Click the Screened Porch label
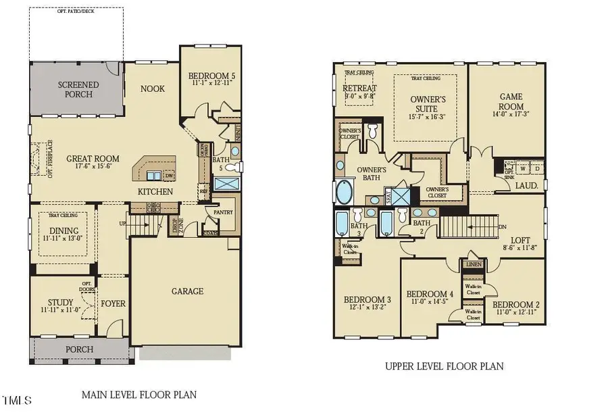pos(78,89)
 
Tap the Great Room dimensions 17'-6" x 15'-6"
pos(93,168)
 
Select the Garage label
pos(187,291)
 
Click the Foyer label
pos(113,303)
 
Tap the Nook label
pos(152,89)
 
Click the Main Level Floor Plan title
pos(139,394)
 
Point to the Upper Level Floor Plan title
pos(444,366)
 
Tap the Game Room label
pos(511,101)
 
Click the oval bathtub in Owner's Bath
pos(344,191)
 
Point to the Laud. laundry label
pos(526,184)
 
